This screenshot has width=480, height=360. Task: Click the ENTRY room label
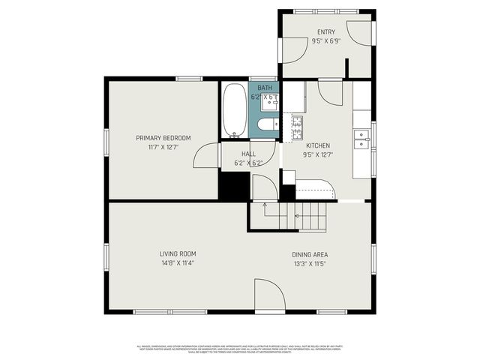(326, 31)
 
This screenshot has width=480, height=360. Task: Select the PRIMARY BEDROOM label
(163, 137)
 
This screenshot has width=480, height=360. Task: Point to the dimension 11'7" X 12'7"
(163, 147)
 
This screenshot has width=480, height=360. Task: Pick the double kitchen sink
(362, 139)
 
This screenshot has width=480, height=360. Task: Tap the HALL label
(247, 154)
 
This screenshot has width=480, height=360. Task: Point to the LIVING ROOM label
(177, 253)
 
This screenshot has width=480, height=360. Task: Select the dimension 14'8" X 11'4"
(177, 263)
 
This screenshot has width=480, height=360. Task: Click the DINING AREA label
(310, 254)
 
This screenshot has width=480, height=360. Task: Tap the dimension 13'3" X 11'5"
(310, 264)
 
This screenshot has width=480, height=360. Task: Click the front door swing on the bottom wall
(268, 296)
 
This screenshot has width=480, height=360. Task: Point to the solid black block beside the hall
(232, 186)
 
